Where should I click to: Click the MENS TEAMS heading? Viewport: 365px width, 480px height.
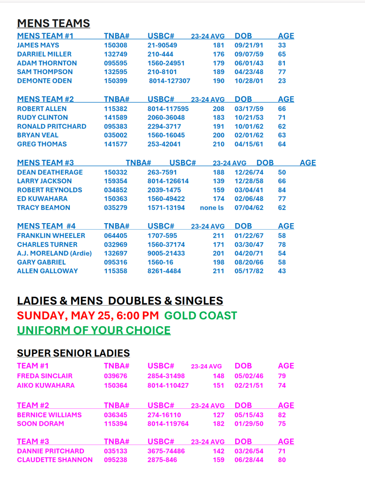tap(53, 23)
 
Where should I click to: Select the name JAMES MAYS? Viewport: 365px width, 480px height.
tap(38, 45)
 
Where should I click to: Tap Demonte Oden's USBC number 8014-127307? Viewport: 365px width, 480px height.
tap(170, 81)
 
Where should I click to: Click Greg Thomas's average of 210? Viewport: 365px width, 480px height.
tap(218, 144)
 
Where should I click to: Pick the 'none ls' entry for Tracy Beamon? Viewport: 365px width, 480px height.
tap(212, 208)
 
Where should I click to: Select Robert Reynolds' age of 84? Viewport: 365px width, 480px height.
tap(282, 190)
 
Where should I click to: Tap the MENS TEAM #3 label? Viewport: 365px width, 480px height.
tap(45, 163)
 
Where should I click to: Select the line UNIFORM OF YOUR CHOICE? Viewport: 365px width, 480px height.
tap(94, 330)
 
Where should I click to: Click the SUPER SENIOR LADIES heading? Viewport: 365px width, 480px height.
tap(73, 353)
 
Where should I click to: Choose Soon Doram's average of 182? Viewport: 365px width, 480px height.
tap(218, 424)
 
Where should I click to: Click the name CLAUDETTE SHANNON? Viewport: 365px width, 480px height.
tap(55, 460)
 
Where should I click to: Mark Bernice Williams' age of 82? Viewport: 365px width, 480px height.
tap(282, 415)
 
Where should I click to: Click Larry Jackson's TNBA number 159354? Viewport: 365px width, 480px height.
tap(115, 181)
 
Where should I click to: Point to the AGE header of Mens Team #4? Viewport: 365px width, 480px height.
tap(286, 226)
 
